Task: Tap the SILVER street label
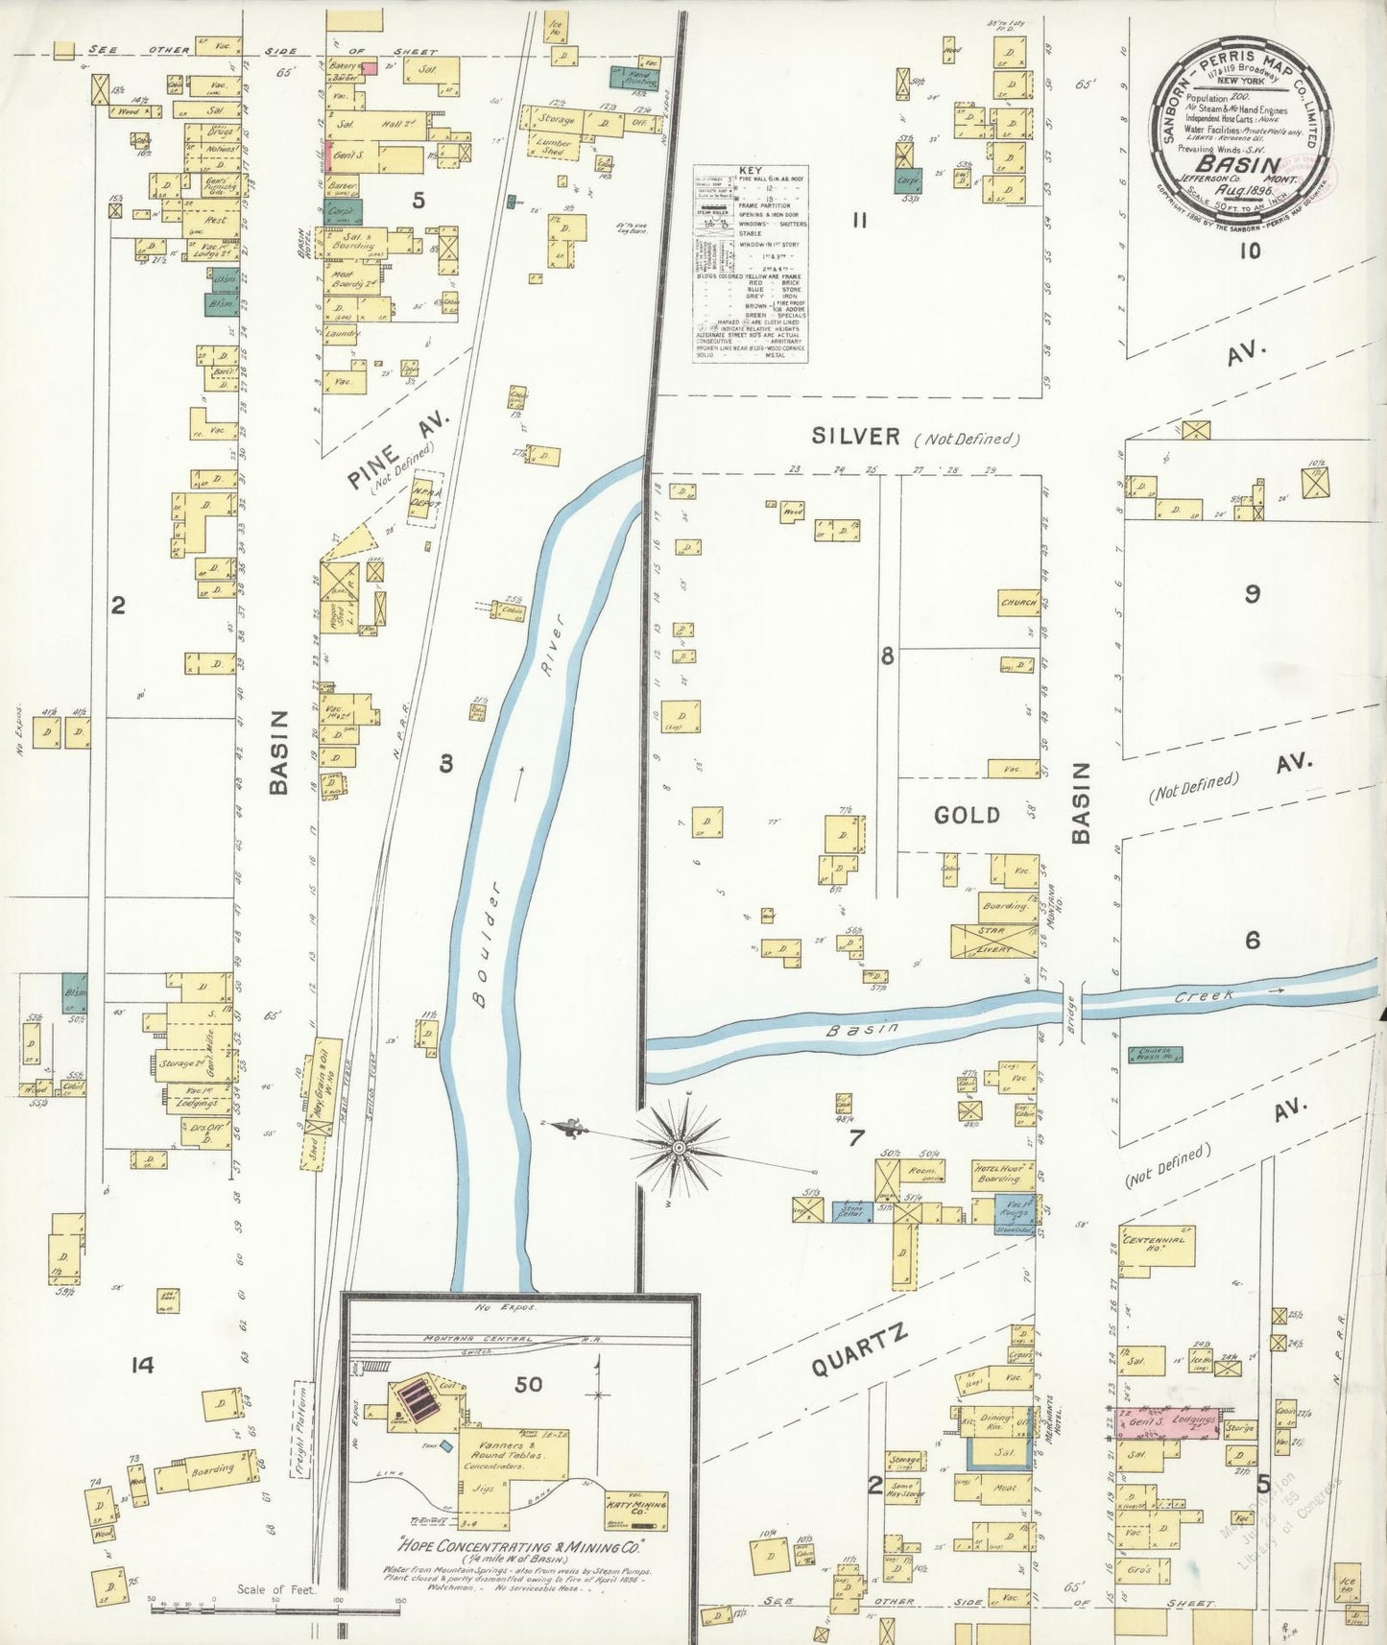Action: tap(856, 437)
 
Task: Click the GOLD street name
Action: tap(967, 815)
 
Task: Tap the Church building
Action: tap(1017, 604)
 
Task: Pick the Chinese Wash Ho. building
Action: tap(1155, 1054)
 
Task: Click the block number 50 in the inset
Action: tap(528, 1384)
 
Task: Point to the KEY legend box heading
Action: tap(751, 171)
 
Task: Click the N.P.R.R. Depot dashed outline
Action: tap(426, 497)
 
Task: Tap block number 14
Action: tap(142, 1365)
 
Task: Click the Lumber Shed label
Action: tap(554, 147)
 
